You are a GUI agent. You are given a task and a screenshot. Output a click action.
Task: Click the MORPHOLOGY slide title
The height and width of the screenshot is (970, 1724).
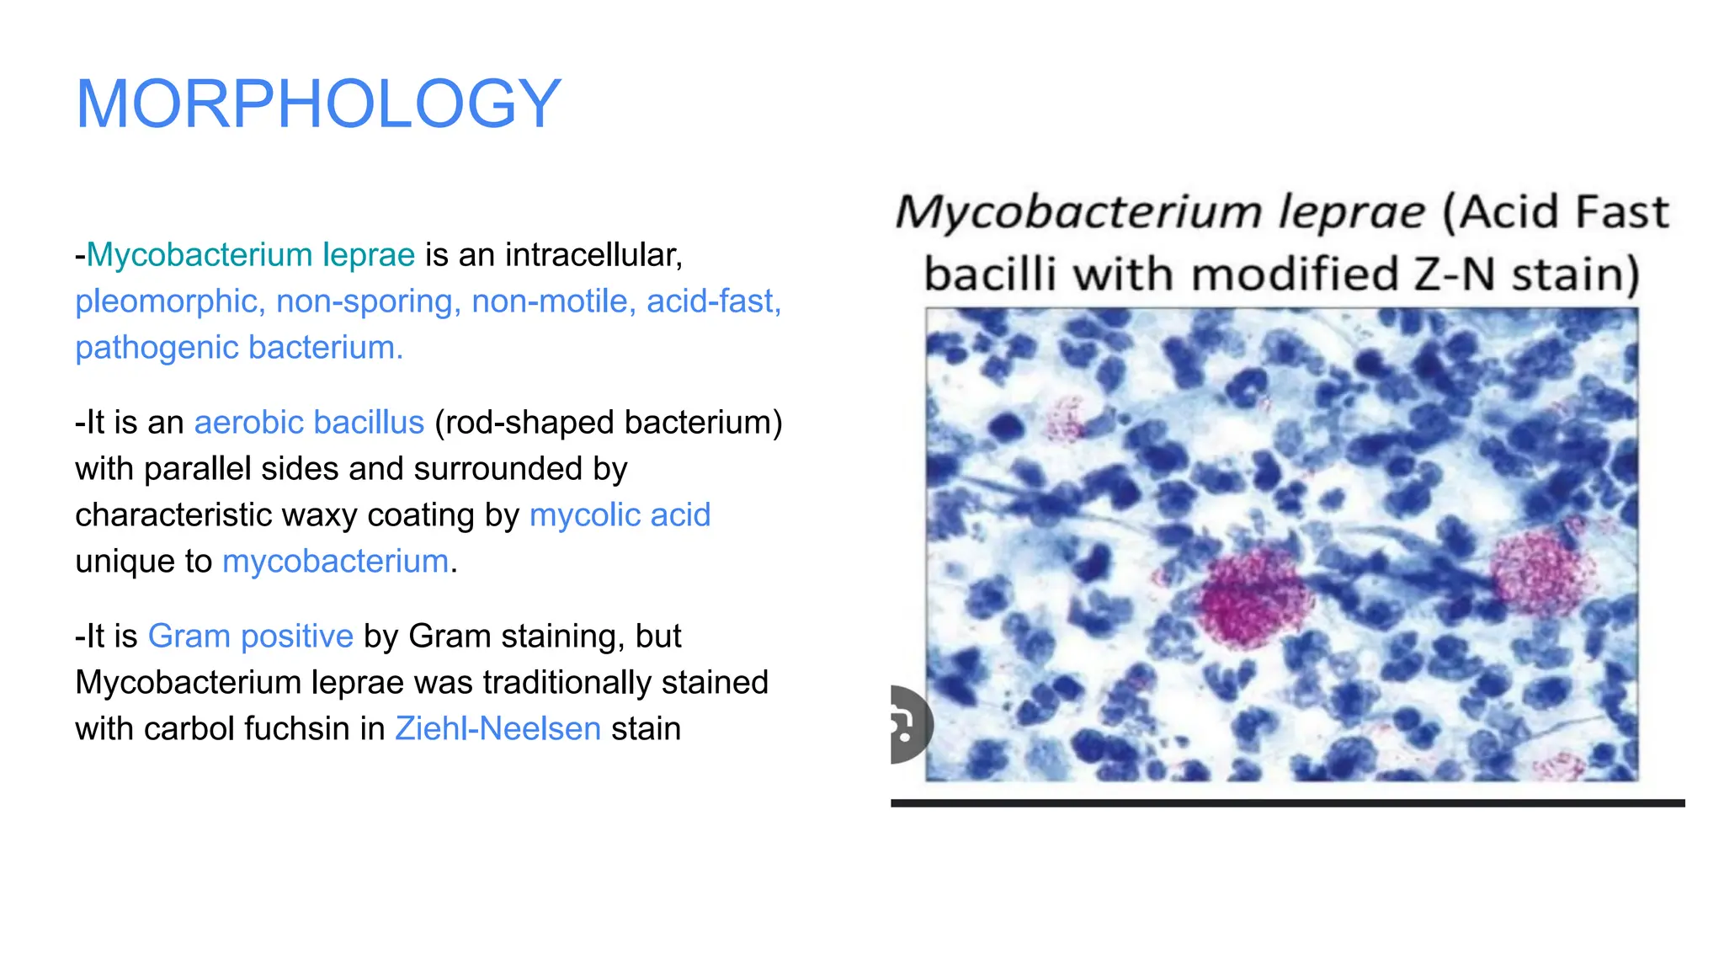317,104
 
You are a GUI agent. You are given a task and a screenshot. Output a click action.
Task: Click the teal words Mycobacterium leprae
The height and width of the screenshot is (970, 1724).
250,255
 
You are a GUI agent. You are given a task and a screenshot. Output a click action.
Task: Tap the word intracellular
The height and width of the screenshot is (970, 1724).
593,255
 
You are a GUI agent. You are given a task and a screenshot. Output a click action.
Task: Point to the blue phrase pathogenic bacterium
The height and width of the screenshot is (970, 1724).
239,348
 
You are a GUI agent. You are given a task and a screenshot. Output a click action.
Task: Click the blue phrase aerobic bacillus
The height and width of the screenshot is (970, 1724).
309,423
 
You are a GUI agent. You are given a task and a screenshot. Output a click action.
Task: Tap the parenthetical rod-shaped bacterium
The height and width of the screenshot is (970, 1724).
608,423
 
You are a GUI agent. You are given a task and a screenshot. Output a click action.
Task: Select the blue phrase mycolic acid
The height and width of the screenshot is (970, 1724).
620,515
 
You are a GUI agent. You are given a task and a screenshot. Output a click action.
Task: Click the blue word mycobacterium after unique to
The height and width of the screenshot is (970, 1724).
335,562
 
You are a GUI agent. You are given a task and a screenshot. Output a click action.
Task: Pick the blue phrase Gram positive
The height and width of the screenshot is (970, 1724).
250,637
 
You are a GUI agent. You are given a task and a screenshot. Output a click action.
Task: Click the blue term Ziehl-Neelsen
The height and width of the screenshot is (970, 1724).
498,729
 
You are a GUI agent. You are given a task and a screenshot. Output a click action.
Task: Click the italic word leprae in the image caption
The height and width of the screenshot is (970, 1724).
1351,212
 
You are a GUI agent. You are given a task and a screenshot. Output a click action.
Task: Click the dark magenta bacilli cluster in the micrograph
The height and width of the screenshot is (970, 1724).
1252,600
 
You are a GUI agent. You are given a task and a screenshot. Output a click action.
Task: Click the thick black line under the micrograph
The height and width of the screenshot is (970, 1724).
1287,803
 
